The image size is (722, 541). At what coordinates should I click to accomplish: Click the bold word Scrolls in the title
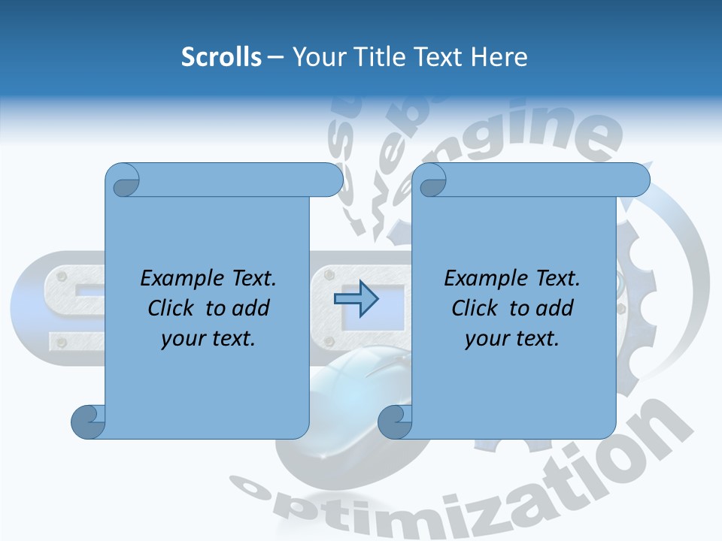(221, 57)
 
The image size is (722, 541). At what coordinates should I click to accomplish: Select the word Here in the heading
(499, 57)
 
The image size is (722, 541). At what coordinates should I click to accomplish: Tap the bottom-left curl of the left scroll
(86, 422)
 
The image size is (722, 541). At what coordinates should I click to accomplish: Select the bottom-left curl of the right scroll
(393, 422)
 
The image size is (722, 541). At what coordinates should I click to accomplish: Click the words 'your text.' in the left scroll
(208, 339)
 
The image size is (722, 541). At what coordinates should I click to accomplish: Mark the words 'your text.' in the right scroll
(512, 339)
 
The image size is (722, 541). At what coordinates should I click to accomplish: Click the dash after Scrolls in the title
(276, 57)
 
